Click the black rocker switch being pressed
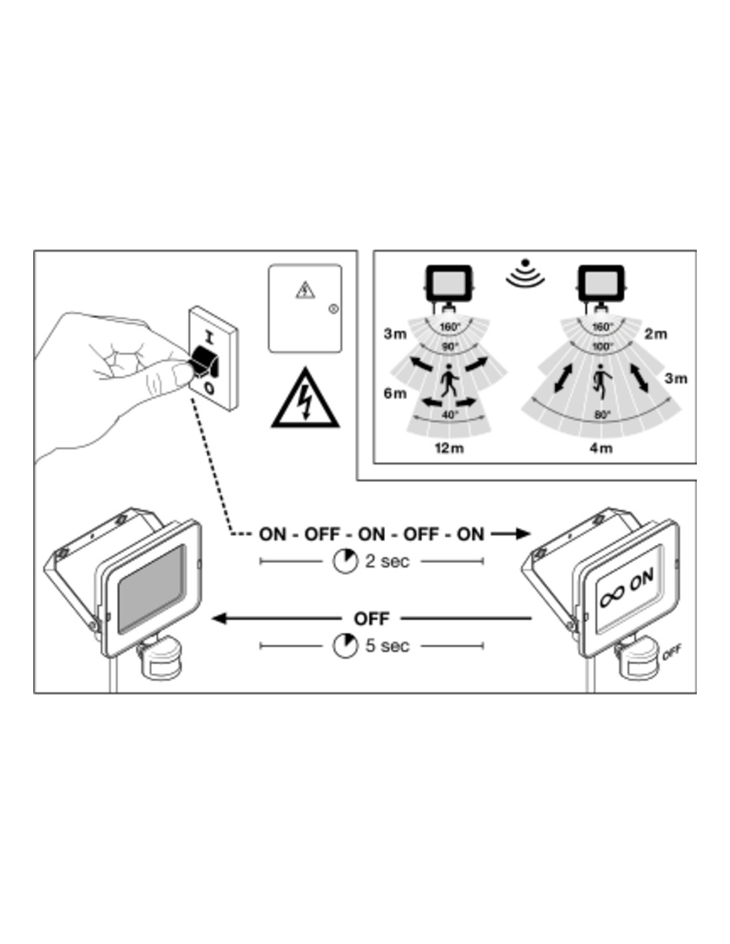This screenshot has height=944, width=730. click(x=204, y=361)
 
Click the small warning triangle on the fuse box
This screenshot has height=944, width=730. click(x=305, y=290)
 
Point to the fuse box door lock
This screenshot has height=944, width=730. click(x=333, y=309)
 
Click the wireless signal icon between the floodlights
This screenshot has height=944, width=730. click(x=526, y=273)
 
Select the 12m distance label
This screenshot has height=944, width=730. click(x=449, y=448)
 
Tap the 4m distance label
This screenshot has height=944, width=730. click(x=601, y=448)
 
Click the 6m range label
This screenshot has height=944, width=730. click(x=395, y=394)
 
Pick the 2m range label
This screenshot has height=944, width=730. click(x=656, y=334)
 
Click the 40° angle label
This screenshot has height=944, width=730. click(x=450, y=415)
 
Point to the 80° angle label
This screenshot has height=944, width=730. click(x=603, y=415)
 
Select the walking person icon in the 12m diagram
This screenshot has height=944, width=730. click(x=449, y=381)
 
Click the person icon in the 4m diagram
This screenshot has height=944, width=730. click(x=601, y=381)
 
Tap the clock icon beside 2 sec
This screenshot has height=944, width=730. click(x=345, y=561)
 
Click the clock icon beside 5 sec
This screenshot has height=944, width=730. click(x=345, y=646)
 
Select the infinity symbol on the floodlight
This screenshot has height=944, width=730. click(x=612, y=595)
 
